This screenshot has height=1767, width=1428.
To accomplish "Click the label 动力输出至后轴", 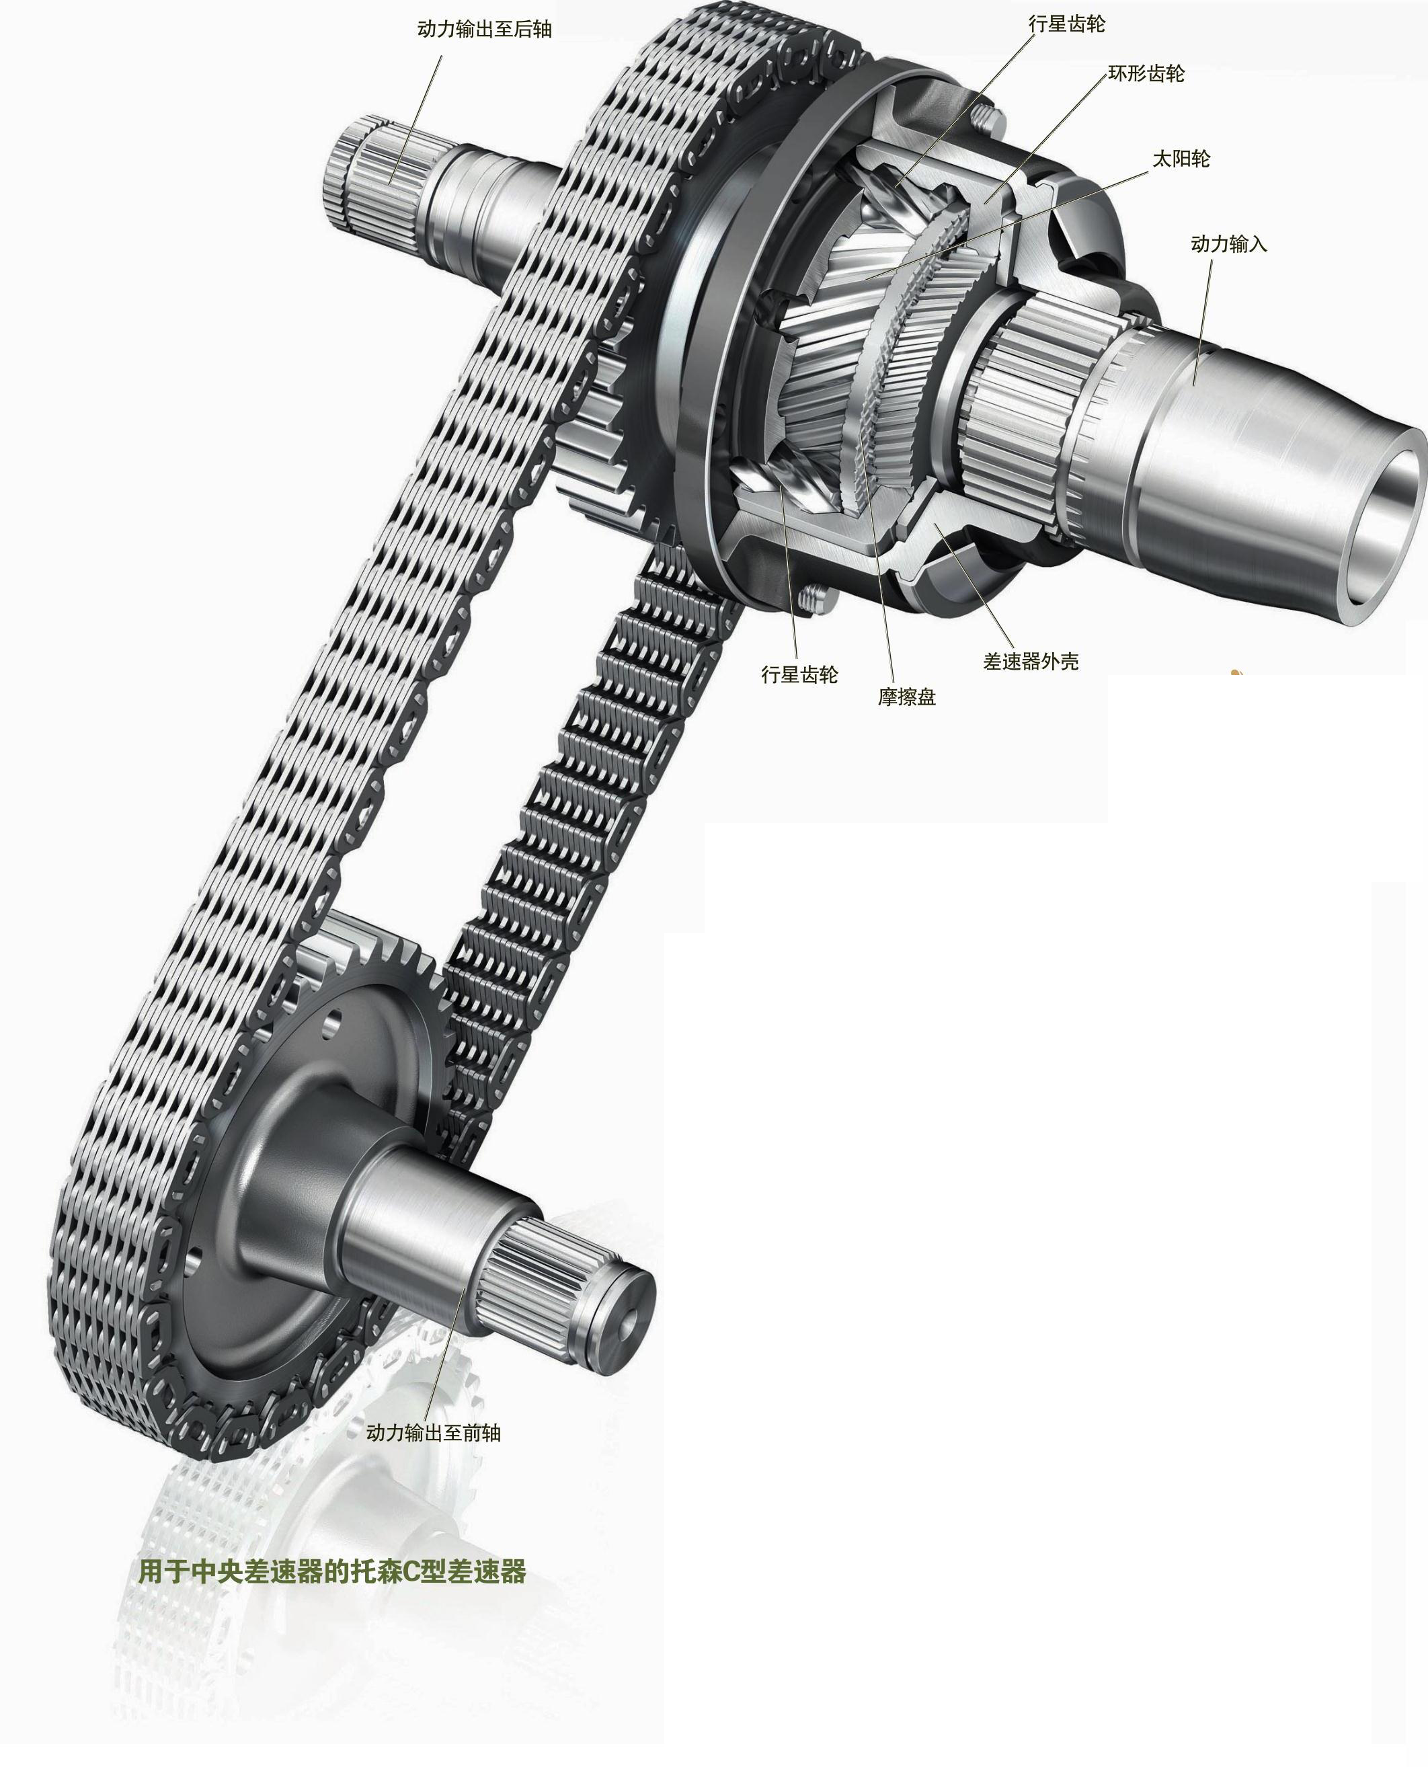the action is pos(485,30).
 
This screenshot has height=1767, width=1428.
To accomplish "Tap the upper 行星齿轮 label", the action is pos(1067,25).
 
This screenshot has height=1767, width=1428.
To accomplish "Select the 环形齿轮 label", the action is pos(1147,74).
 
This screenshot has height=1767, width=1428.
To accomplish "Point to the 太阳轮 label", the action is pos(1181,159).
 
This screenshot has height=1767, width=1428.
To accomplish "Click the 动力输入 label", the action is pos(1229,244).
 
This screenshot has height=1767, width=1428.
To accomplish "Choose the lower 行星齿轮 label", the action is pos(799,675).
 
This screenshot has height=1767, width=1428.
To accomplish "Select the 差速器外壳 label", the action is pos(1031,662).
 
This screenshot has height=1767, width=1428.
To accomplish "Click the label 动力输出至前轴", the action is pos(434,1433).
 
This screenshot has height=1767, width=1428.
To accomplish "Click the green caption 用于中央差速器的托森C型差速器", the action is pos(332,1572).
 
